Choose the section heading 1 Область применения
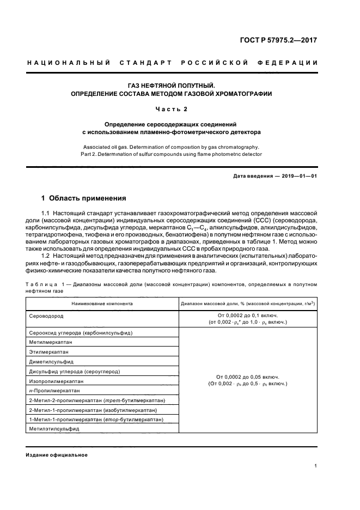point(84,198)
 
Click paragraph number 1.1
point(47,212)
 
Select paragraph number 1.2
point(47,255)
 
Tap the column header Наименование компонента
point(102,303)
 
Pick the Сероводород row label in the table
point(46,315)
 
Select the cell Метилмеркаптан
point(51,342)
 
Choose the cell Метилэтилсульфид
point(54,429)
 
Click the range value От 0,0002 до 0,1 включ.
point(247,315)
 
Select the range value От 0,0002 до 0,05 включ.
point(247,377)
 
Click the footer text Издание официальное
point(57,455)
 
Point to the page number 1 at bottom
point(316,466)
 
